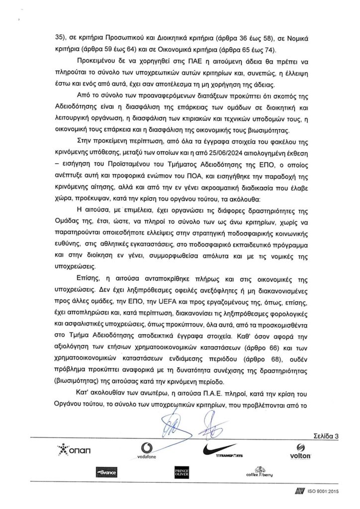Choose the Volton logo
click(x=300, y=451)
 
